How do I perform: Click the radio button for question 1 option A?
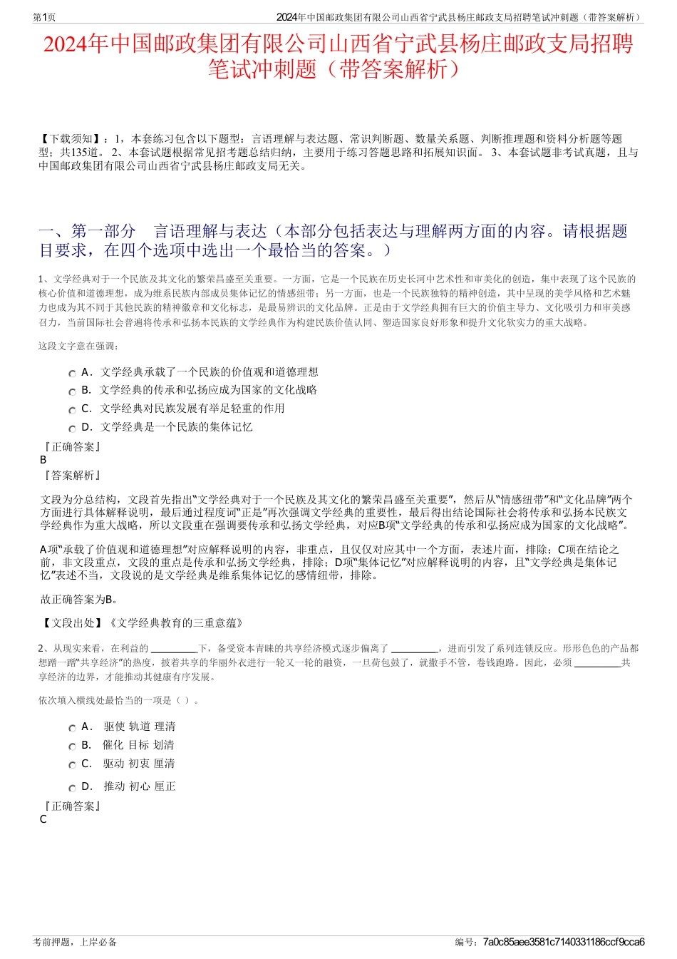pos(72,374)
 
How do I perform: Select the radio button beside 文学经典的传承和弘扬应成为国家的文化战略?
pos(72,391)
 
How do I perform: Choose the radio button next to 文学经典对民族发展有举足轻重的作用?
pos(72,410)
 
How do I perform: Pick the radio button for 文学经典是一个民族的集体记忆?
pos(72,429)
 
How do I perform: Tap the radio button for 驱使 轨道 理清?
pos(72,728)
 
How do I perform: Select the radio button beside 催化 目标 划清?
pos(72,747)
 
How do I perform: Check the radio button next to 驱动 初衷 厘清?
pos(72,765)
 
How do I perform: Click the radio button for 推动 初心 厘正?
pos(72,788)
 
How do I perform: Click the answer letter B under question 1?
pos(43,460)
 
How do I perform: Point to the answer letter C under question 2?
pos(43,819)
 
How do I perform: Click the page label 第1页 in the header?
pos(45,17)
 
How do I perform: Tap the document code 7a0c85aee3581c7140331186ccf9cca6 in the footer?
pos(564,942)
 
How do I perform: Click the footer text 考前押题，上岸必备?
pos(75,942)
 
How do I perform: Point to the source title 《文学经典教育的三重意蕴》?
pos(177,622)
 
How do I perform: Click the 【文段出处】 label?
pos(74,622)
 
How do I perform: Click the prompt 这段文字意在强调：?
pos(79,346)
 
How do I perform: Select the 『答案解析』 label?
pos(73,476)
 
